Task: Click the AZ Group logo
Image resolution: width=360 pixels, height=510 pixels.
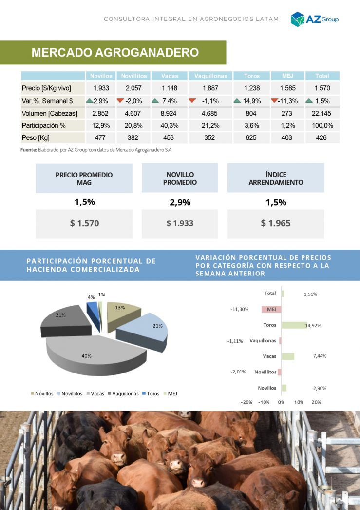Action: [x=315, y=19]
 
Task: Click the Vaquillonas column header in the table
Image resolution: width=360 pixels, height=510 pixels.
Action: [x=210, y=76]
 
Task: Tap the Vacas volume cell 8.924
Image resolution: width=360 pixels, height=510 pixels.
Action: [x=169, y=113]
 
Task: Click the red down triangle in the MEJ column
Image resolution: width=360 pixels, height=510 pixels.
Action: [x=274, y=101]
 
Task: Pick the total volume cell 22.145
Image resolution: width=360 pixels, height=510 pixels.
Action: [x=322, y=113]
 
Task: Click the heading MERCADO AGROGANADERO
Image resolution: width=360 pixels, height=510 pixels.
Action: [x=115, y=53]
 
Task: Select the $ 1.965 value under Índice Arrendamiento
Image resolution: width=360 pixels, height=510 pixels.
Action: [x=276, y=223]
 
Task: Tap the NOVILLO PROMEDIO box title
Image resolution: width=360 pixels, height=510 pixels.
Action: [x=180, y=178]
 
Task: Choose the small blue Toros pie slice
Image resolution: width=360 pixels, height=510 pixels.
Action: [x=93, y=308]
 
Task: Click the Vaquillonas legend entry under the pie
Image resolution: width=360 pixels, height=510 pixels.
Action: [x=123, y=393]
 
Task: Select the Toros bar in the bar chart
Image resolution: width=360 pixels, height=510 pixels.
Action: [x=294, y=325]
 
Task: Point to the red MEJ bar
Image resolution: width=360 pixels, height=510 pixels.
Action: [x=271, y=309]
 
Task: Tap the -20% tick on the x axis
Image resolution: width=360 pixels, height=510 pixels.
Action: [x=246, y=402]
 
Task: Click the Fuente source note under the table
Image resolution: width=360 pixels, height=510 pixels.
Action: [x=96, y=150]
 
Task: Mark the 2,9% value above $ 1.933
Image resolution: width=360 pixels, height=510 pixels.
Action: [x=180, y=203]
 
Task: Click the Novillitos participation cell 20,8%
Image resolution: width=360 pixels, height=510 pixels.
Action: [x=133, y=126]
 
